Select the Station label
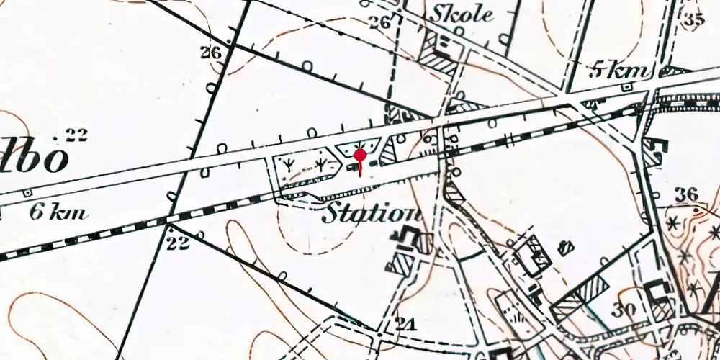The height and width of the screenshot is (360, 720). [371, 213]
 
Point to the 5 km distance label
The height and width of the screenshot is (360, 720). [620, 71]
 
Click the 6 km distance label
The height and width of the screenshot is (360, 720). [59, 212]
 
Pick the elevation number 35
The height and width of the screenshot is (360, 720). [693, 19]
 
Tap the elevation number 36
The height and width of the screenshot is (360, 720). [687, 194]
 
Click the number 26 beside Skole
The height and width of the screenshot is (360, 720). [379, 22]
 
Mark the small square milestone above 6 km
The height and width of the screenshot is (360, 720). [27, 193]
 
